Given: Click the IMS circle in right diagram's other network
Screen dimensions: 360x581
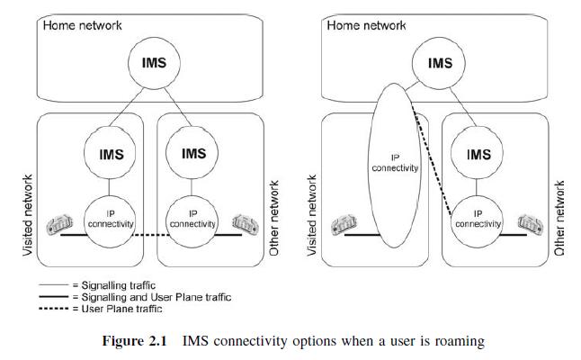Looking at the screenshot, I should [478, 155].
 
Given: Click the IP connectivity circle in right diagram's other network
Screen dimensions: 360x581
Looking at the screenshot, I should [478, 219].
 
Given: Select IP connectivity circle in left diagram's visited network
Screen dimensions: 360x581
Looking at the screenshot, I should [110, 218].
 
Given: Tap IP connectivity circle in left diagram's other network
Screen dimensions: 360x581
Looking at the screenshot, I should [193, 219].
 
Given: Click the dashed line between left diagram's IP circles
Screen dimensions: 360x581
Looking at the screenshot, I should [152, 235].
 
